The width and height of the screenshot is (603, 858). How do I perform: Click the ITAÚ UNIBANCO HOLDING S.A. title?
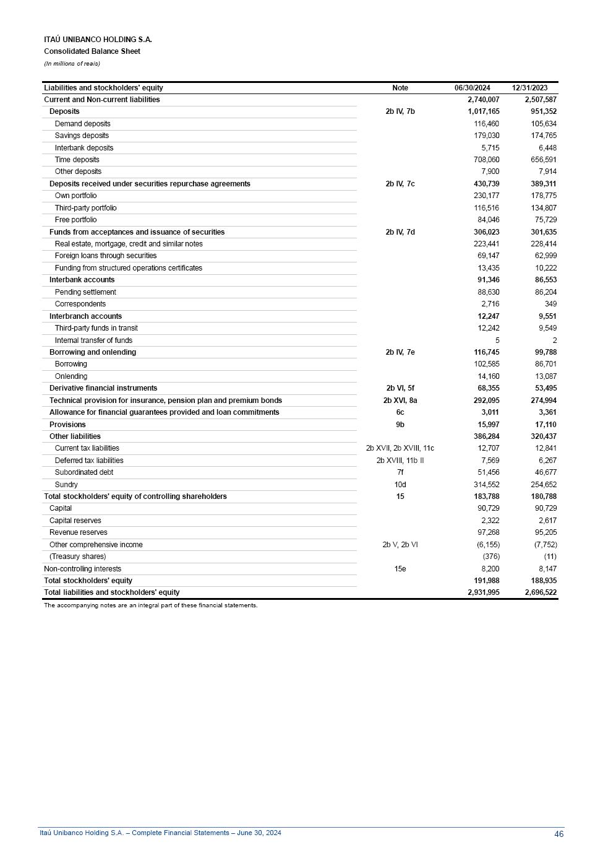(x=98, y=40)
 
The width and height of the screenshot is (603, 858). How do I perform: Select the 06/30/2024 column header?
(x=472, y=88)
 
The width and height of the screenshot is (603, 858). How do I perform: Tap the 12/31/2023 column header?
(x=529, y=88)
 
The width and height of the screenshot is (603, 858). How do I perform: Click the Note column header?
(x=400, y=88)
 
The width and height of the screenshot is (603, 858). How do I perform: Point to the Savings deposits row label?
(x=82, y=136)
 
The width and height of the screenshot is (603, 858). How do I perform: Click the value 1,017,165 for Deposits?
(x=483, y=111)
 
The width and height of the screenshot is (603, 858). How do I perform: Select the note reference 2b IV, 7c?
(x=400, y=184)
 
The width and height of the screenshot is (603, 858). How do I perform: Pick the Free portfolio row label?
(x=75, y=220)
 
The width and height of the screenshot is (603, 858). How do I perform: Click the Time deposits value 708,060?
(x=486, y=160)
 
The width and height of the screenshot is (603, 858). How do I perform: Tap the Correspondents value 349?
(x=550, y=304)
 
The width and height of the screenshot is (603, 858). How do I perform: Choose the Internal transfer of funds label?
(x=93, y=340)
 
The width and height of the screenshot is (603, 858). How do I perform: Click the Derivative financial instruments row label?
(x=103, y=388)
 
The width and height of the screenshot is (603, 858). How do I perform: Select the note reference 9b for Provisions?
(x=400, y=425)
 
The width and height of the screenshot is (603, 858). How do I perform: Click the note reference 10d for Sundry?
(x=400, y=485)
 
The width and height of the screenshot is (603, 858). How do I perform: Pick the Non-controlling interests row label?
(x=82, y=569)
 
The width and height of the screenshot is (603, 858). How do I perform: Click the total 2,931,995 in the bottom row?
(x=483, y=592)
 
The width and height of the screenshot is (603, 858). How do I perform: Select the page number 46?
(x=558, y=834)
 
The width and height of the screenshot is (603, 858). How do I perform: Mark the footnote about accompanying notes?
(x=150, y=605)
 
